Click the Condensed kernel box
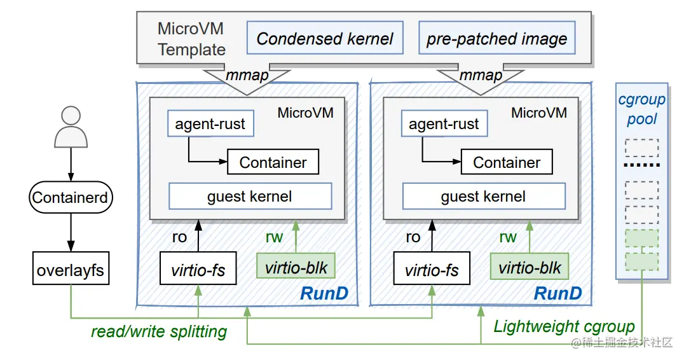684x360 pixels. click(x=325, y=39)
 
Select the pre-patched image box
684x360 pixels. click(x=496, y=39)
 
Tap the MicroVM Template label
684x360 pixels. click(x=191, y=39)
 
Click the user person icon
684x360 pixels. click(x=71, y=127)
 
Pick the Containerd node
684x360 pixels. click(x=71, y=198)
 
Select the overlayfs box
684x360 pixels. click(x=71, y=270)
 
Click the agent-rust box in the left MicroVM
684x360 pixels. click(x=210, y=124)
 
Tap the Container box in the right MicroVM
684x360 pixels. click(x=507, y=162)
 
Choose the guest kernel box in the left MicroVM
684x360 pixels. click(x=250, y=197)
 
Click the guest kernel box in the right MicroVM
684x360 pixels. click(x=483, y=197)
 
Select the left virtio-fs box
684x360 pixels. click(x=198, y=270)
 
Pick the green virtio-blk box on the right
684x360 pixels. click(x=530, y=268)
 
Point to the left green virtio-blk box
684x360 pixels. click(x=296, y=268)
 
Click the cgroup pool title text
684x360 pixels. click(x=641, y=109)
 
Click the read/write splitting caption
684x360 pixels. click(x=159, y=331)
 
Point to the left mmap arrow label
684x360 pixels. click(x=247, y=75)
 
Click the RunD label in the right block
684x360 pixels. click(x=557, y=293)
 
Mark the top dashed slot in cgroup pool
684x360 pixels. click(x=641, y=148)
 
